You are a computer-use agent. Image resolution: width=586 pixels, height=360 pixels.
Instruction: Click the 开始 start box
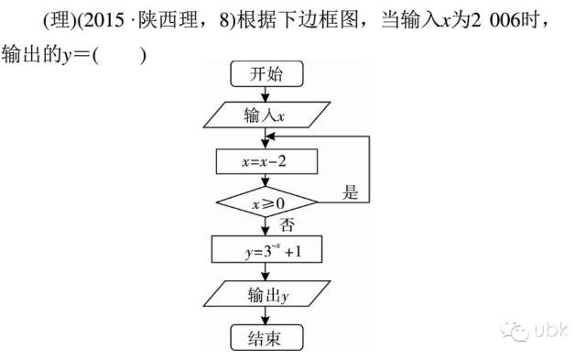[x=266, y=75]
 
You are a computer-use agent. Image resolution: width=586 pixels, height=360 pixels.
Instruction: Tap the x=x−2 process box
[x=266, y=161]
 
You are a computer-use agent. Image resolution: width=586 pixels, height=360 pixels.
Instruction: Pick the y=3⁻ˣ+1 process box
[x=266, y=249]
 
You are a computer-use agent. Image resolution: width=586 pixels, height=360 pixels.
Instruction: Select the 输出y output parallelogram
[x=266, y=295]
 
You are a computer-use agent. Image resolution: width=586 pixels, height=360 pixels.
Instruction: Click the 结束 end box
[x=266, y=337]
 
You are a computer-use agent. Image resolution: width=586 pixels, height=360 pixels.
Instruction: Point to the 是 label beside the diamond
[x=350, y=192]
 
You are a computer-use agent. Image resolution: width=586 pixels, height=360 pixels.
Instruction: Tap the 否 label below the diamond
[x=287, y=224]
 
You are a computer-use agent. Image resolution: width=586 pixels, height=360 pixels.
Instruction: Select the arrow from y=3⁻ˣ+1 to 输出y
[x=266, y=272]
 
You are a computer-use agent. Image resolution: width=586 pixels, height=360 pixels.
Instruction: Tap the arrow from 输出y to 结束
[x=266, y=317]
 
